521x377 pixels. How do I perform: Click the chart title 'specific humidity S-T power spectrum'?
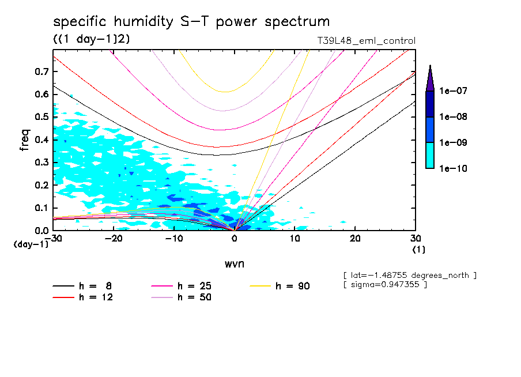click(x=191, y=22)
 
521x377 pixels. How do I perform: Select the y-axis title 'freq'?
click(x=25, y=140)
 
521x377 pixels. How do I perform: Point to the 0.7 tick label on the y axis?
click(x=40, y=71)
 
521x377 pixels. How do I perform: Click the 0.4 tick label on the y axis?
click(x=40, y=140)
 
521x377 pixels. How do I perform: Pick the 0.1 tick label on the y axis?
click(x=40, y=208)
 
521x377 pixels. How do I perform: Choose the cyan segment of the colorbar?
click(x=430, y=156)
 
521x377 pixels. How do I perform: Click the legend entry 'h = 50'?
click(x=182, y=297)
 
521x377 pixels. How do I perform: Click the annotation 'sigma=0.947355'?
click(x=385, y=285)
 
